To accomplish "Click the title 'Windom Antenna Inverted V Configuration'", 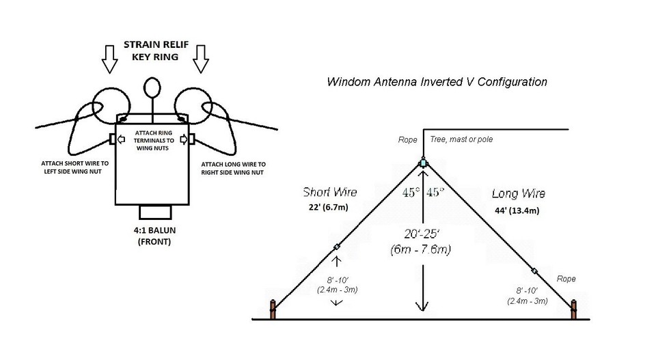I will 437,82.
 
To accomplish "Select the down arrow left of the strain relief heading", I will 109,59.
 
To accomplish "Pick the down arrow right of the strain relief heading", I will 200,59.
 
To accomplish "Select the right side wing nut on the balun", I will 193,139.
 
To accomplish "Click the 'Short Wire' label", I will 330,193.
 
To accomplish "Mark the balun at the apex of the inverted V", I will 424,163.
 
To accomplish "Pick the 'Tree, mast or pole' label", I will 461,139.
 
